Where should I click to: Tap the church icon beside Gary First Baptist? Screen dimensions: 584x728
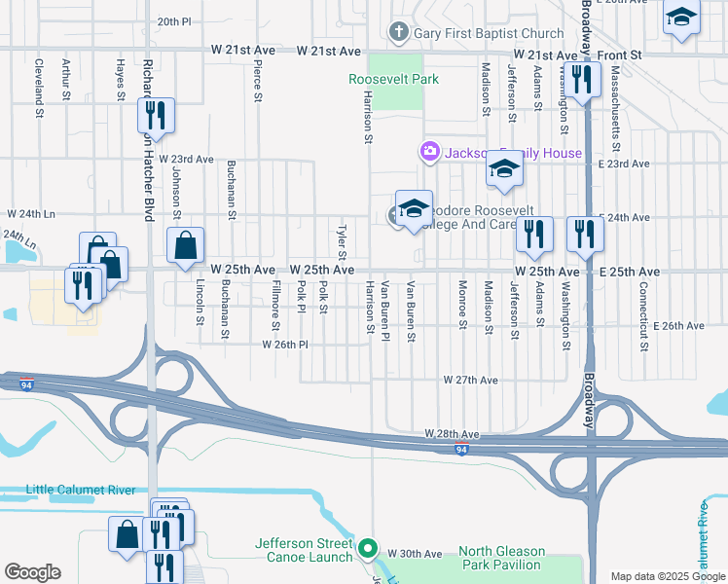[397, 33]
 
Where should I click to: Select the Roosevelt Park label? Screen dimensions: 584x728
[394, 79]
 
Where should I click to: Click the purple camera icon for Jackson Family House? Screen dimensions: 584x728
[428, 152]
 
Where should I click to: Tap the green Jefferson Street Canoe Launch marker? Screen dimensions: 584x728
[367, 550]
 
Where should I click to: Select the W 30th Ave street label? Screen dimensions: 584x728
[415, 553]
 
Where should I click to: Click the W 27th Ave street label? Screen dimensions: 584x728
[471, 380]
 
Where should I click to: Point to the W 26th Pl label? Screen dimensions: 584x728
[284, 345]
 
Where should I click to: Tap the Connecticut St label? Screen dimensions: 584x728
[644, 303]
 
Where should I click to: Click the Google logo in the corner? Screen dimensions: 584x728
[32, 572]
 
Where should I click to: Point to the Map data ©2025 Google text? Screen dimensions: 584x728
[668, 576]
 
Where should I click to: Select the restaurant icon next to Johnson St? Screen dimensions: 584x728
[156, 117]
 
